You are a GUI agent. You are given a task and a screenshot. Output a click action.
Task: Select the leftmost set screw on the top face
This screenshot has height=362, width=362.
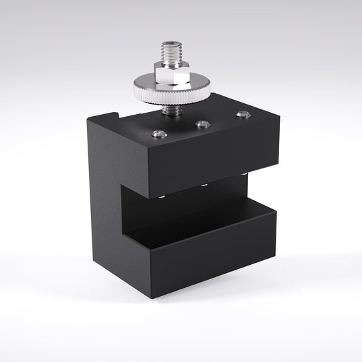157,134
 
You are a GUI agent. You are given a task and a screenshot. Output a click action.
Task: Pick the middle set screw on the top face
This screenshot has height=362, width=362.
201,124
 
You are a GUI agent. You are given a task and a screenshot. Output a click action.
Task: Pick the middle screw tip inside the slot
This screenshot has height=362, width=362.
203,185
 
